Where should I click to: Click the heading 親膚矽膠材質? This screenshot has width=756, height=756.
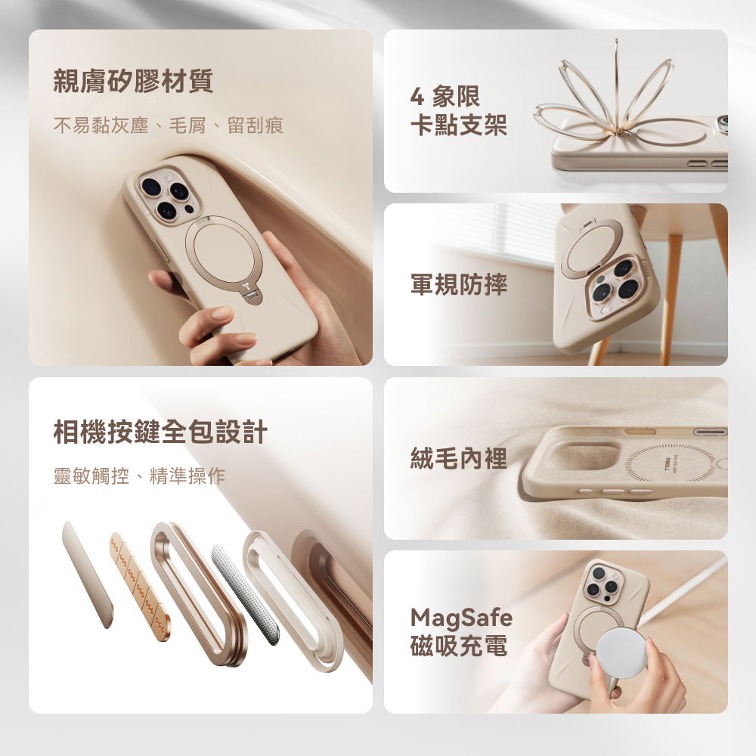tap(133, 81)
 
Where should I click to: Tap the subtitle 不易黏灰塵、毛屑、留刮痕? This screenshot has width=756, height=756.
tap(168, 125)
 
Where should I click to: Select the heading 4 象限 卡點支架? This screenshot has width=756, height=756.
tap(458, 111)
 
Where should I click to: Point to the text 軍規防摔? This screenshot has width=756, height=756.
tap(458, 284)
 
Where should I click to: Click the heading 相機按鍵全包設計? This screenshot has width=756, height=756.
tap(160, 432)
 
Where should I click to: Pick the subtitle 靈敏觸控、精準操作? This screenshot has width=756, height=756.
tap(139, 476)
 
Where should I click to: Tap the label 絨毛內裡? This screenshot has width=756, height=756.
tap(458, 457)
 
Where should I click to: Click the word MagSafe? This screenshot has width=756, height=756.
tap(461, 618)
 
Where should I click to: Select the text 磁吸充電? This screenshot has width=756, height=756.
tap(458, 646)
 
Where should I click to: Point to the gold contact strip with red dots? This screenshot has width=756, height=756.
tap(140, 586)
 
